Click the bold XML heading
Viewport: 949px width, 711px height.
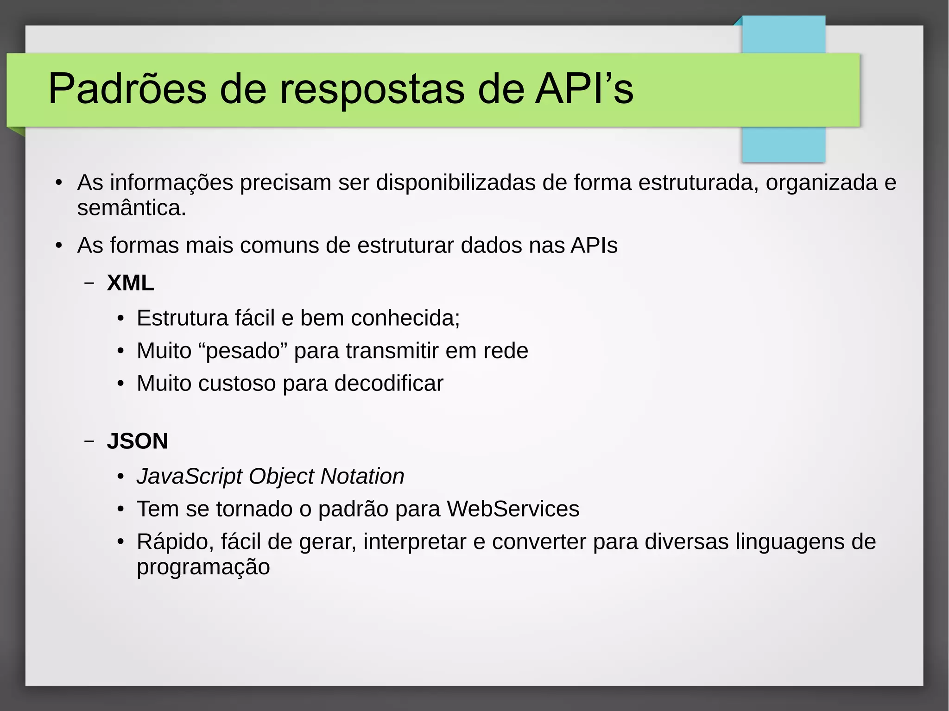130,283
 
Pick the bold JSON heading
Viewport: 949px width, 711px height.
137,440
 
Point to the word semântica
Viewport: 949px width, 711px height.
131,208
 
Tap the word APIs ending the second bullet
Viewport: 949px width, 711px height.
594,245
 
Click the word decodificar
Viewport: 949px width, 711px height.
389,384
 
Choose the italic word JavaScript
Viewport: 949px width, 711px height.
189,476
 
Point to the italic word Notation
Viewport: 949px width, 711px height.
362,476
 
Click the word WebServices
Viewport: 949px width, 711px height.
513,509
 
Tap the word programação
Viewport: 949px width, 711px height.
203,567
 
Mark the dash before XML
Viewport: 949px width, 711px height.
89,283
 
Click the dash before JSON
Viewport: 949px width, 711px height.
89,441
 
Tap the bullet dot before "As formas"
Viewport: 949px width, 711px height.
58,246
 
